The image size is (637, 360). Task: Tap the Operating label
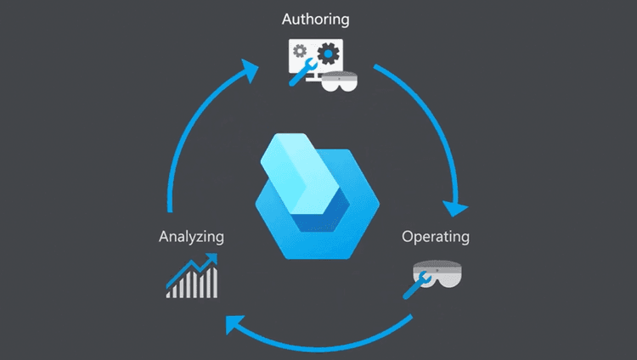tap(435, 236)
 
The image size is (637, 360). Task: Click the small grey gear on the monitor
tap(299, 52)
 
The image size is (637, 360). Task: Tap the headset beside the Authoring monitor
tap(342, 83)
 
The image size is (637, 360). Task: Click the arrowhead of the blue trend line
tap(211, 258)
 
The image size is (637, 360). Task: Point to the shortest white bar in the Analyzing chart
tap(170, 293)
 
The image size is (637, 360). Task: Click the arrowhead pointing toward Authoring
tap(248, 70)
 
